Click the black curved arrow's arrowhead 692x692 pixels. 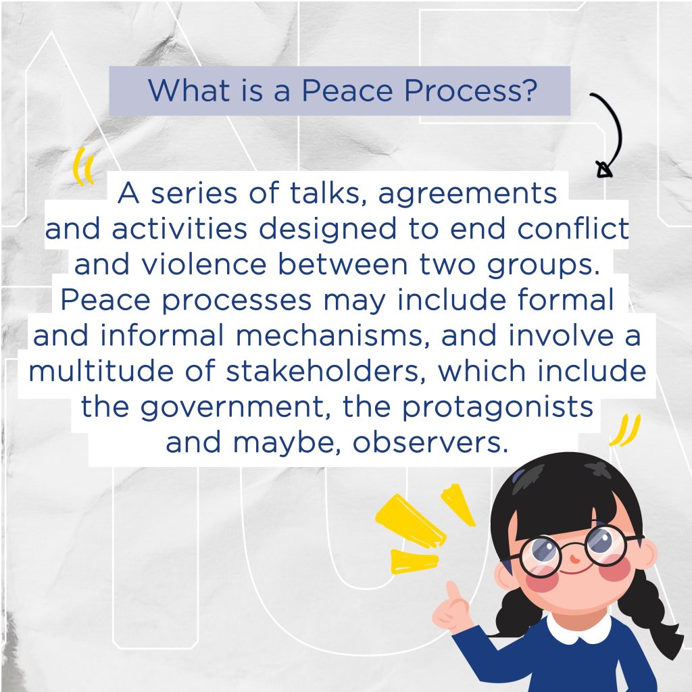point(604,170)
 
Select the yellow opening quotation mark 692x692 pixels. point(84,166)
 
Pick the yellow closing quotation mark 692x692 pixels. point(624,430)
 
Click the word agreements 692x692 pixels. point(468,194)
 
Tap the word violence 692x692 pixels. point(204,264)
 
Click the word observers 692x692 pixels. point(430,442)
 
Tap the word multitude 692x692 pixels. point(101,371)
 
